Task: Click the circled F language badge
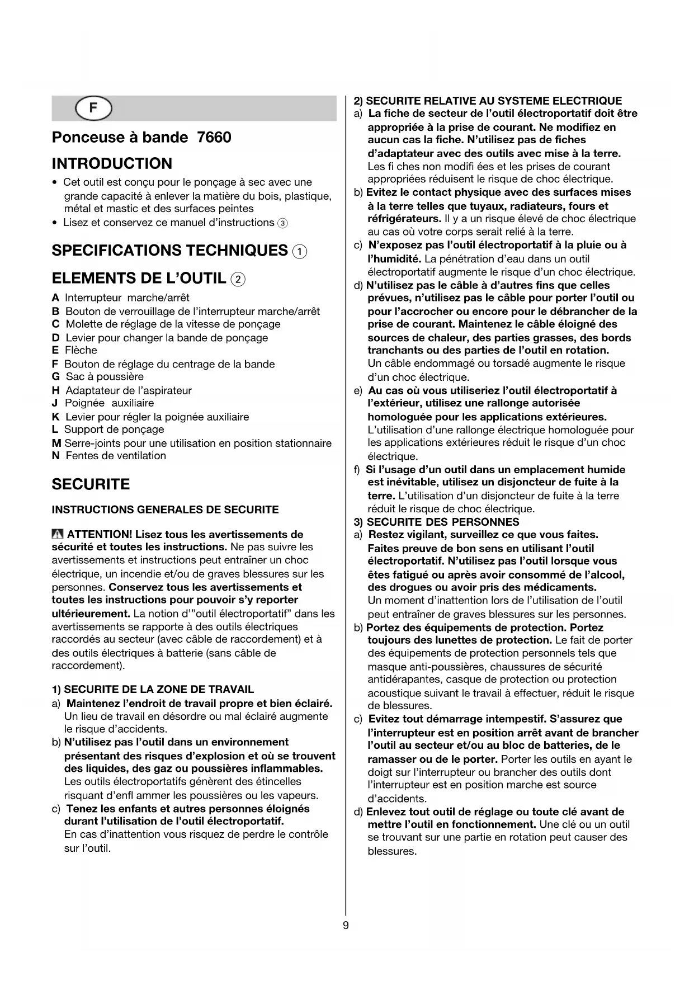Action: [x=93, y=109]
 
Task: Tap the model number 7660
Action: [x=214, y=138]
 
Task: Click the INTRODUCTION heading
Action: [x=112, y=164]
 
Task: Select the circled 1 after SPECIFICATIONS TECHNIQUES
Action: [x=300, y=252]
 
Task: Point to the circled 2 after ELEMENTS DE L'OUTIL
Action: [x=238, y=279]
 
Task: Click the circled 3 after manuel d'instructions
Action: [x=283, y=223]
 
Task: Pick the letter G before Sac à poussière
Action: [x=55, y=377]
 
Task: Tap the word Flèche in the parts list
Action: [x=81, y=351]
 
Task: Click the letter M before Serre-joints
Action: [x=56, y=444]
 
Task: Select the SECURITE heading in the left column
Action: [x=91, y=484]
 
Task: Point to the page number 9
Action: [x=346, y=925]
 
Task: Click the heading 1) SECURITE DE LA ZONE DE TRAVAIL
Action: [x=153, y=690]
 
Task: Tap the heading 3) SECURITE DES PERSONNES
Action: [x=436, y=522]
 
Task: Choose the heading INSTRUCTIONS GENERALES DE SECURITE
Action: [x=165, y=510]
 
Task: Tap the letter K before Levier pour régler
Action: [x=55, y=417]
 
